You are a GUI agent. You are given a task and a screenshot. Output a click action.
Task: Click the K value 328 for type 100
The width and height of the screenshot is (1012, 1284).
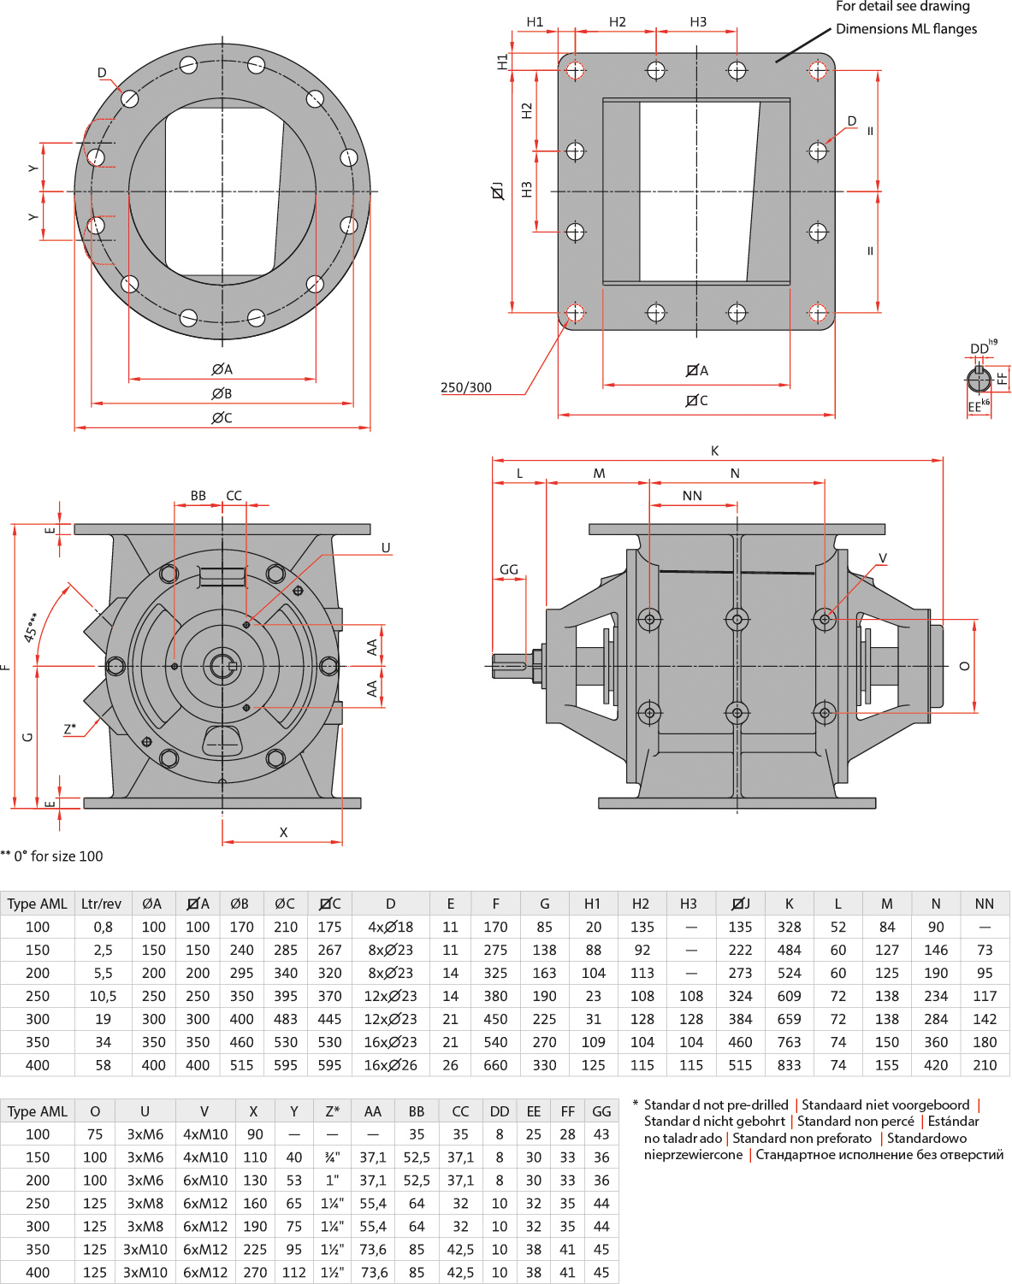pyautogui.click(x=789, y=927)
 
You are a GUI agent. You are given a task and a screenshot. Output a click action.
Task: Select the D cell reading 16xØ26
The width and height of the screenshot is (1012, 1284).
pyautogui.click(x=390, y=1065)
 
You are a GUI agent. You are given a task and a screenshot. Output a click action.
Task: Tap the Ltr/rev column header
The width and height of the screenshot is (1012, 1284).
pyautogui.click(x=101, y=904)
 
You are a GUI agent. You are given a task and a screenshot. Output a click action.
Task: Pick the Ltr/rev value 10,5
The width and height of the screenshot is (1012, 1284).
pyautogui.click(x=103, y=996)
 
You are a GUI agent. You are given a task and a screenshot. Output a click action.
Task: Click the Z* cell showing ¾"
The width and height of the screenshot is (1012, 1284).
pyautogui.click(x=332, y=1157)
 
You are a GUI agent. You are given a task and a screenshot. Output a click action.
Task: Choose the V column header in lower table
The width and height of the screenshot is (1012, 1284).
pyautogui.click(x=204, y=1111)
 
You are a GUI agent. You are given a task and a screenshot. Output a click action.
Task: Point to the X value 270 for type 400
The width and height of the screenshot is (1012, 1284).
pyautogui.click(x=255, y=1272)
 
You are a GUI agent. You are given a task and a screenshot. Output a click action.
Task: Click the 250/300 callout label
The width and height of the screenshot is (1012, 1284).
pyautogui.click(x=465, y=387)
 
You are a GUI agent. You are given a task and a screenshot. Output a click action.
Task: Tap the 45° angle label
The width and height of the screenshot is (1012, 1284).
pyautogui.click(x=31, y=627)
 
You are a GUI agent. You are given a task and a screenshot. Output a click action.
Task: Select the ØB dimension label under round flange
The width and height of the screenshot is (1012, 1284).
pyautogui.click(x=222, y=393)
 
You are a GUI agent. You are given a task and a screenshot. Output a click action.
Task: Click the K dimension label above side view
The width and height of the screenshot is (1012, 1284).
pyautogui.click(x=714, y=451)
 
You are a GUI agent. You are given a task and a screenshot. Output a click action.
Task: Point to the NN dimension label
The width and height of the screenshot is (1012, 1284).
pyautogui.click(x=692, y=495)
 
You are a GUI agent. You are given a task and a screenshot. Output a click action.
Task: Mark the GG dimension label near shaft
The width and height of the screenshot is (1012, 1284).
pyautogui.click(x=509, y=569)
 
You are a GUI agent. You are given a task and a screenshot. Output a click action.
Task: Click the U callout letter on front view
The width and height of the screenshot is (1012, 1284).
pyautogui.click(x=386, y=548)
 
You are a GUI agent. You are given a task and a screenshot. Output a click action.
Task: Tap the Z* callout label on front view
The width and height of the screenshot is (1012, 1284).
pyautogui.click(x=70, y=728)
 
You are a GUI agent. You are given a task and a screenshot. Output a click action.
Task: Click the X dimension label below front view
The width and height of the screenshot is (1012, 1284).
pyautogui.click(x=284, y=833)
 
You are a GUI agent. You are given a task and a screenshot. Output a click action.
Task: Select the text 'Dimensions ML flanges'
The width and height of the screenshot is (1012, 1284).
pyautogui.click(x=906, y=29)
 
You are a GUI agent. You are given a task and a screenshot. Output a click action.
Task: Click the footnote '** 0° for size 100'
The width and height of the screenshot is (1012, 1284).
pyautogui.click(x=51, y=857)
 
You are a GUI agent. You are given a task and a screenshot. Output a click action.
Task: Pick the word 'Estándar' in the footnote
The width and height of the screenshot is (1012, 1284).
pyautogui.click(x=954, y=1121)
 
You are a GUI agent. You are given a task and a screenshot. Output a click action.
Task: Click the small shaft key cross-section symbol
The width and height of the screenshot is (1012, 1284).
pyautogui.click(x=979, y=379)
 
